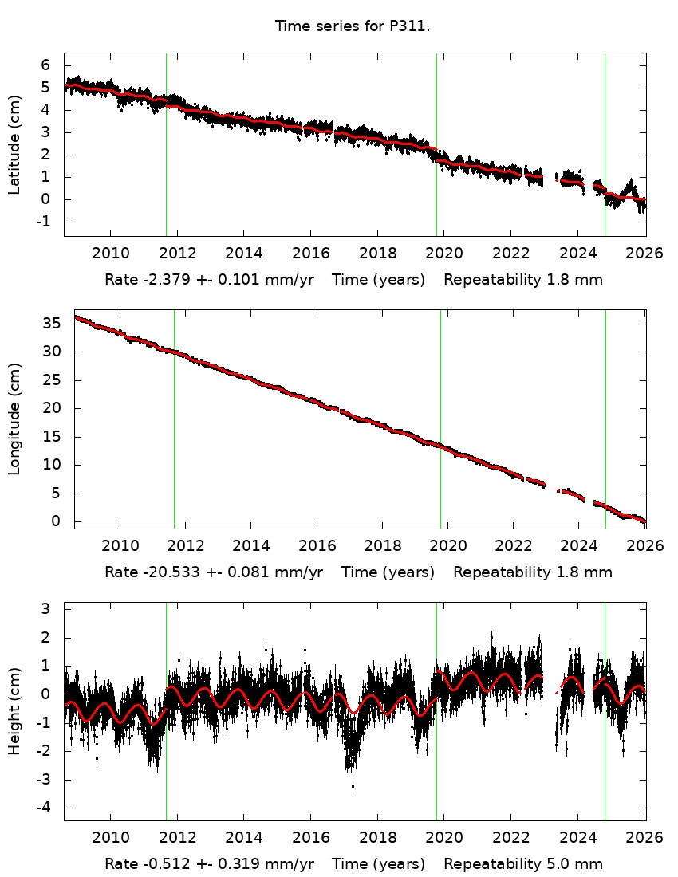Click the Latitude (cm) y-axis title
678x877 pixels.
[x=14, y=144]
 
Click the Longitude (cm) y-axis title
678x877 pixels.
[x=14, y=419]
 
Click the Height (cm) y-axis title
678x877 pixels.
[x=14, y=711]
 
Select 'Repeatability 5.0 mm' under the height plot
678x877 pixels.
[x=523, y=864]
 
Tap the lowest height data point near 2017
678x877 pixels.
[x=353, y=788]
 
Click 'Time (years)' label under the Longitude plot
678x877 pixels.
[x=388, y=572]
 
